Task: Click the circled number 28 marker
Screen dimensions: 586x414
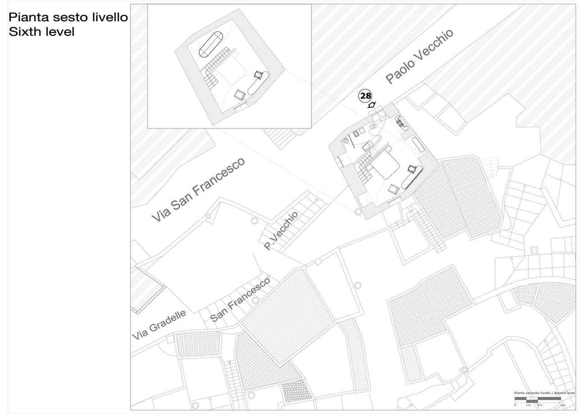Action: tap(365, 96)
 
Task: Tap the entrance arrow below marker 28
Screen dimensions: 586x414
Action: tap(372, 105)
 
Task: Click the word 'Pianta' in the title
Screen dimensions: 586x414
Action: tap(29, 17)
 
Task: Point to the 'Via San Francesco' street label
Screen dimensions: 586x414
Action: tap(198, 190)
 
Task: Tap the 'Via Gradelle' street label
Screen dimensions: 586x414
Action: tap(159, 325)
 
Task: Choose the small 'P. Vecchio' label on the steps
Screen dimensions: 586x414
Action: tap(281, 230)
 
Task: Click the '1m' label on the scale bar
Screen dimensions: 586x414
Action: tap(528, 405)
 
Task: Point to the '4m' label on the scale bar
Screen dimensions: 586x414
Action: tap(563, 405)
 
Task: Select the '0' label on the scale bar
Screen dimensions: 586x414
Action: tap(515, 405)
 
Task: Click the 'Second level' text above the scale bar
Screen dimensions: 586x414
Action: tap(564, 393)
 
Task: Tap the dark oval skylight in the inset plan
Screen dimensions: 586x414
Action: tap(211, 44)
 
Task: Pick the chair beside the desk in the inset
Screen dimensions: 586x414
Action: tap(259, 74)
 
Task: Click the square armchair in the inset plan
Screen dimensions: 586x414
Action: tap(240, 95)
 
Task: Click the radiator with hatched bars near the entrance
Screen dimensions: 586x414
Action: tap(400, 122)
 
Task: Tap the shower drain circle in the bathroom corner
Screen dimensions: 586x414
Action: tap(346, 141)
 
